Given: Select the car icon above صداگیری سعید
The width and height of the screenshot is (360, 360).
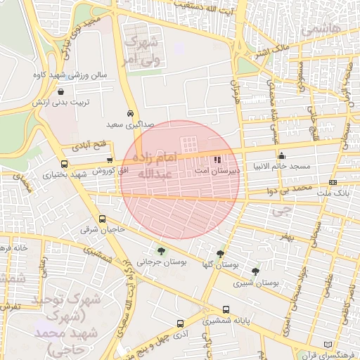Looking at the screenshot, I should tap(131, 113).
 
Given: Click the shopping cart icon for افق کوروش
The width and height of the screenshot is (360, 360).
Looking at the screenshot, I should tap(109, 160).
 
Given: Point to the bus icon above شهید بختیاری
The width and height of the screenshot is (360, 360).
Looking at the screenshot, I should tap(46, 165).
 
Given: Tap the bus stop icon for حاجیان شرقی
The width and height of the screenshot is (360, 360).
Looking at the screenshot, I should tap(102, 219).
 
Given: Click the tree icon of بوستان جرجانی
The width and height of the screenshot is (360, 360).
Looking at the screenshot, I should tap(162, 251).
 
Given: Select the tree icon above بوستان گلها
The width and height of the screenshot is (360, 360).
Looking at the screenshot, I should tap(221, 255).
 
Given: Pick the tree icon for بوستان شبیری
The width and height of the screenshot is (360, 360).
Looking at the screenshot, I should tap(255, 271).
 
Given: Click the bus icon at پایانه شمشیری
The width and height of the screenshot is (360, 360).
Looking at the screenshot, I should tap(225, 309).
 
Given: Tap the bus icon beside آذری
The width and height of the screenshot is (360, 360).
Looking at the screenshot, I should tap(181, 324).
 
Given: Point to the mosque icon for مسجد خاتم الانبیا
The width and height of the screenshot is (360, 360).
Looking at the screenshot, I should tap(282, 156).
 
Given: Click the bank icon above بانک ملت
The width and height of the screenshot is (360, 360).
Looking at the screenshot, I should tap(333, 182).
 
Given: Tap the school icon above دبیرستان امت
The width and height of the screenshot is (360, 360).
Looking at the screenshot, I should tap(217, 160).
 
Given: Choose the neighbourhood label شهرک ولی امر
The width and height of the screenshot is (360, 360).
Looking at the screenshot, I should tap(141, 49).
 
